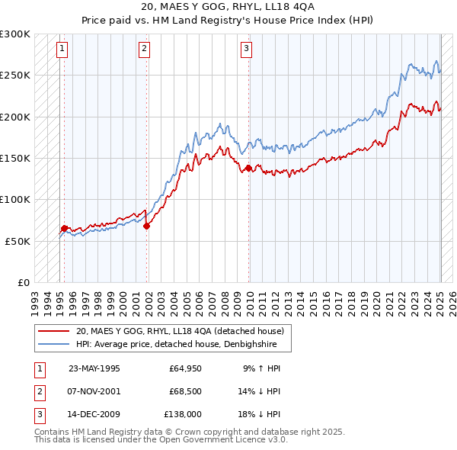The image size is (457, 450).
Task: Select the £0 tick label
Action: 23,282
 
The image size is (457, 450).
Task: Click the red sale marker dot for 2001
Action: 147,226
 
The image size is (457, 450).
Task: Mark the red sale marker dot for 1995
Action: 65,228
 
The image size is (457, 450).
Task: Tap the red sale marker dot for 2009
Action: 249,168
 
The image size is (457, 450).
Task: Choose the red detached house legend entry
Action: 180,331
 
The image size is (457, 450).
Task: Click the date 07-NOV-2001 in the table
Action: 94,391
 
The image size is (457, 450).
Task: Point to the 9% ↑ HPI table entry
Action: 262,368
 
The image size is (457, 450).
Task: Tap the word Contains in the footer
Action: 54,432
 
